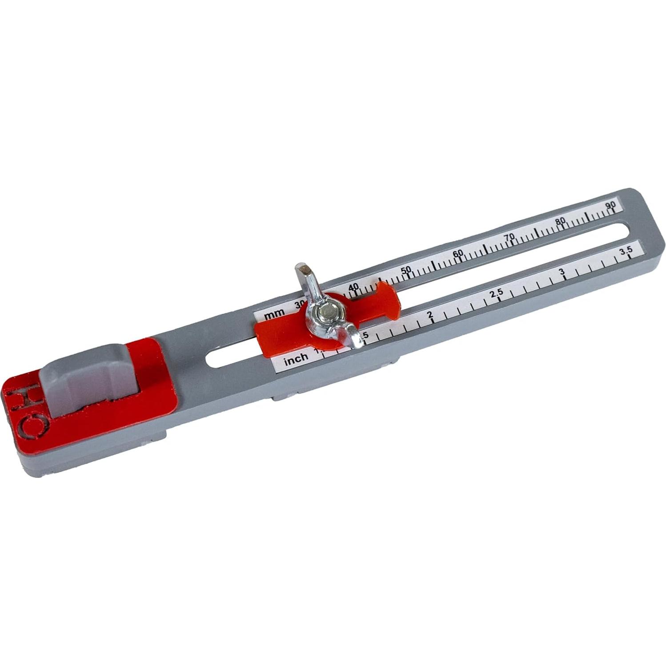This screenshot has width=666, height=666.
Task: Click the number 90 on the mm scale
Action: tap(610, 205)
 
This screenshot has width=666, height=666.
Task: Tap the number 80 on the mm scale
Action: tap(560, 221)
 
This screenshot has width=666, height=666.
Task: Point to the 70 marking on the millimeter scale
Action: tap(509, 237)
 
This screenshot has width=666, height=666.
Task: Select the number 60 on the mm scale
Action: tap(458, 253)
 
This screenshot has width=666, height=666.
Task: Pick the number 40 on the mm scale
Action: tap(353, 287)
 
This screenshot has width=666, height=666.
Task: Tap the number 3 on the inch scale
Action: tap(562, 272)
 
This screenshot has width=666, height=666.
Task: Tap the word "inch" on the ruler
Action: tap(296, 358)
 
